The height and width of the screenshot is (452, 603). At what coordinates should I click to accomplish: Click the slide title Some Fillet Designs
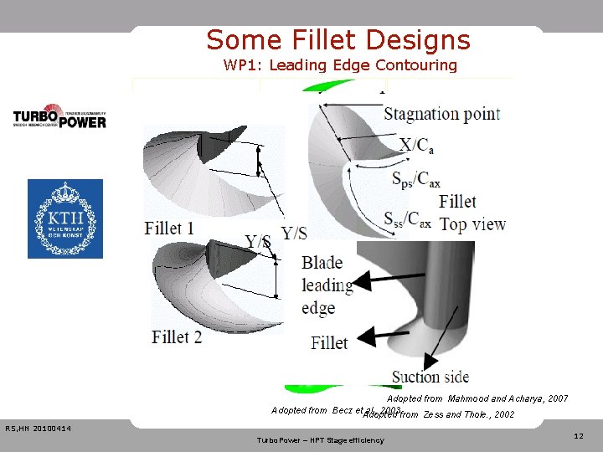[338, 40]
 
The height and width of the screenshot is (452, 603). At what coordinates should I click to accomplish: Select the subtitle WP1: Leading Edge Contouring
[340, 65]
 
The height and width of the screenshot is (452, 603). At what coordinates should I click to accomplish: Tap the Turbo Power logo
[59, 116]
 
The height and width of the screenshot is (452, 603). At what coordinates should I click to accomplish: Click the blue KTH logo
[65, 218]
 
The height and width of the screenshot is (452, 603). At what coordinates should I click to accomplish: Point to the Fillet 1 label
[169, 228]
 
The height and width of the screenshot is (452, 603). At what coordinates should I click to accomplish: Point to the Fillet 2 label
[177, 337]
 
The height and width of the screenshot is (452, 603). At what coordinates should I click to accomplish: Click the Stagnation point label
[441, 114]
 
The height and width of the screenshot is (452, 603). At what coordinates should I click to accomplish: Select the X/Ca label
[416, 145]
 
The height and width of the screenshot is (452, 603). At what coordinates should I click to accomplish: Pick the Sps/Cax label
[416, 177]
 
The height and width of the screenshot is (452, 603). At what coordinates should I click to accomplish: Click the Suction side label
[430, 377]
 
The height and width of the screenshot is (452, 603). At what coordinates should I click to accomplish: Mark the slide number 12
[579, 436]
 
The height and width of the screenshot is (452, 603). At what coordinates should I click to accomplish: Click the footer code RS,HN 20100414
[38, 429]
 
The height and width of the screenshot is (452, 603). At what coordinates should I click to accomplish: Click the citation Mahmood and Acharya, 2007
[477, 399]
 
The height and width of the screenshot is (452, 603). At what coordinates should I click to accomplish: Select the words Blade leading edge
[327, 285]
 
